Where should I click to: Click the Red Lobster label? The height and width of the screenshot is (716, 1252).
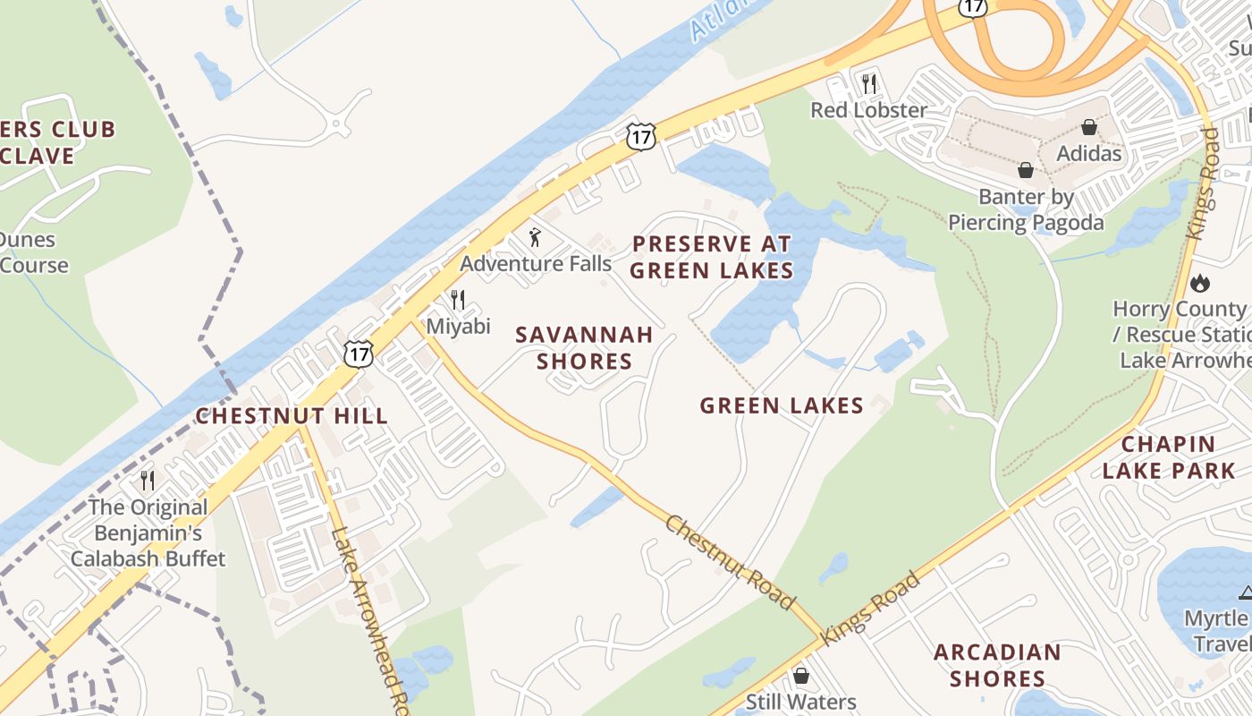[x=868, y=110]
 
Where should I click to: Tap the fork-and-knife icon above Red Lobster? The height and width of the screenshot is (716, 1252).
[x=868, y=84]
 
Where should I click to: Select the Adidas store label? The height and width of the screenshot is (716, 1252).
[x=1088, y=153]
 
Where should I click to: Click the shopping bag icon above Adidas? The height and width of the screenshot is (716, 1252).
[x=1088, y=127]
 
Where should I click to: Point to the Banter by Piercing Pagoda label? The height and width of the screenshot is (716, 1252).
[x=1026, y=209]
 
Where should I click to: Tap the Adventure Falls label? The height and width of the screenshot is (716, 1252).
[x=535, y=263]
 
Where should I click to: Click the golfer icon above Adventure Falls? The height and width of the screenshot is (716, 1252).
[x=535, y=237]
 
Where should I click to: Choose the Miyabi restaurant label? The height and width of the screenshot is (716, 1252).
[x=458, y=326]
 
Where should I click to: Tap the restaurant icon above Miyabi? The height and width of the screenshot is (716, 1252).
[x=458, y=300]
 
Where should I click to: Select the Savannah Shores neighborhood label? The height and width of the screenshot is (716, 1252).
[x=585, y=347]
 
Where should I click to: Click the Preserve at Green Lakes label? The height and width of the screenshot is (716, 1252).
[x=712, y=257]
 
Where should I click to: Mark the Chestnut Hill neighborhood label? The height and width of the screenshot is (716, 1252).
[x=292, y=415]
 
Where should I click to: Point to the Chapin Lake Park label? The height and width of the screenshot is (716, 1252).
[x=1168, y=456]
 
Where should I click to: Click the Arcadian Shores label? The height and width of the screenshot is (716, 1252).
[x=997, y=664]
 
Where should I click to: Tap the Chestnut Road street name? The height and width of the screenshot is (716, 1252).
[x=730, y=561]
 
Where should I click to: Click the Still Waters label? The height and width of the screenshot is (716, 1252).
[x=800, y=703]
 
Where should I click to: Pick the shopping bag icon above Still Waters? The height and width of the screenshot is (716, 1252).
[x=800, y=676]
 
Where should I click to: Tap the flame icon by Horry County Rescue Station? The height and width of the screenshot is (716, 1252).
[x=1199, y=284]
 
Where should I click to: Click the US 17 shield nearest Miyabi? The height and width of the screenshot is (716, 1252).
[x=359, y=352]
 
